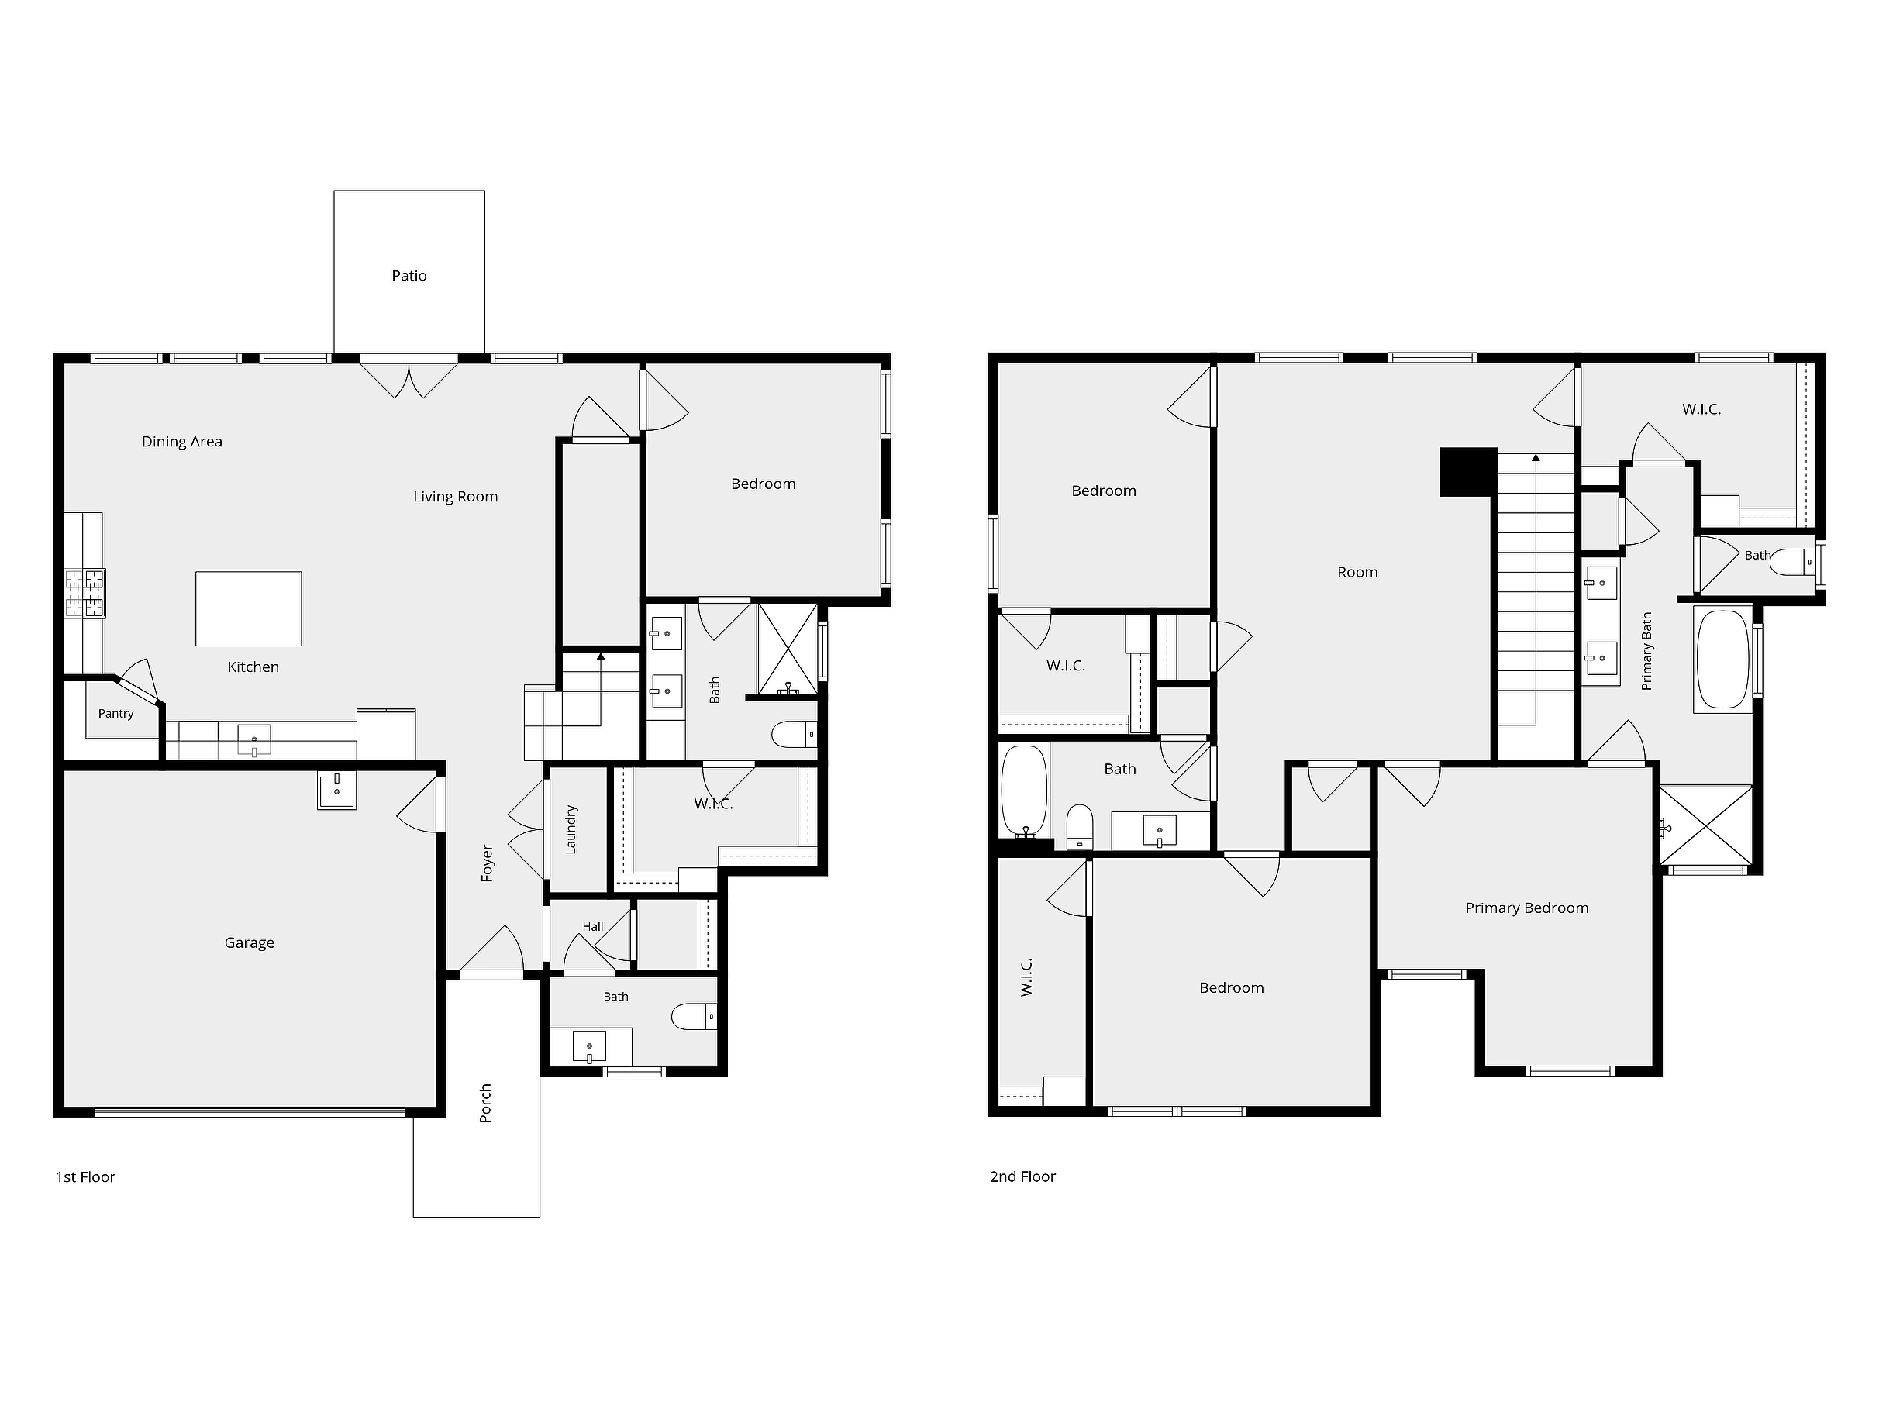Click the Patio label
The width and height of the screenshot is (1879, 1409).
(x=409, y=276)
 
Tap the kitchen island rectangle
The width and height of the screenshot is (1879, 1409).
(x=249, y=608)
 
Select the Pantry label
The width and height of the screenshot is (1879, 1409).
(x=115, y=714)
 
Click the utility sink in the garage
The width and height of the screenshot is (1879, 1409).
(x=337, y=791)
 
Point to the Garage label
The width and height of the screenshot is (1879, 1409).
(x=249, y=942)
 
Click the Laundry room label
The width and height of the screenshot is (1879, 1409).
(x=571, y=829)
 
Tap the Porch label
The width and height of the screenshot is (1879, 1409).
(x=486, y=1103)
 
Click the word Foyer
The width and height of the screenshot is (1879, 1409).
(x=488, y=863)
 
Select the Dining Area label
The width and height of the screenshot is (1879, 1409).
(x=182, y=442)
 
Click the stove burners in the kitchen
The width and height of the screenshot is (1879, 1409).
(x=85, y=593)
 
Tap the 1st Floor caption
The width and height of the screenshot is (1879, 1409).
(x=85, y=1177)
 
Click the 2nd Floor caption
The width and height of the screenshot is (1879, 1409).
(x=1022, y=1177)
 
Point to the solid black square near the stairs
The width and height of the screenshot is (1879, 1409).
(x=1468, y=472)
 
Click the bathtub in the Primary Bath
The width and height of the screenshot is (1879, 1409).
(x=1722, y=659)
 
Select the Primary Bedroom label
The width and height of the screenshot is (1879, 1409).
(x=1526, y=908)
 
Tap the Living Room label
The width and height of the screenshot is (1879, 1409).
(x=455, y=497)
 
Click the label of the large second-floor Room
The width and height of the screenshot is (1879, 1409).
(x=1357, y=573)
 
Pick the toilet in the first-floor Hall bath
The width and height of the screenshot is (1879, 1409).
(x=694, y=1017)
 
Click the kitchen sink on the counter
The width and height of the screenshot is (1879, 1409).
(x=254, y=739)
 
